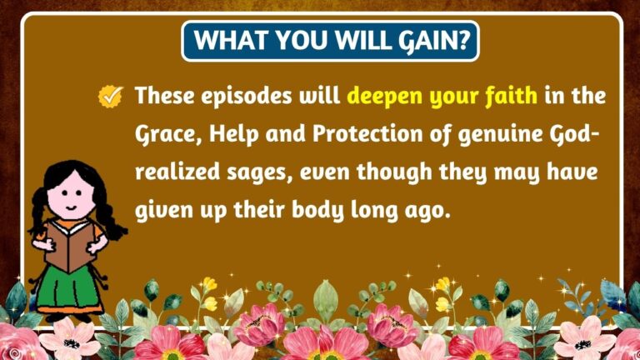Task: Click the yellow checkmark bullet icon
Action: point(110,97)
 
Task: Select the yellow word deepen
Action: point(385,97)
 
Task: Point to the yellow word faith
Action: point(510,97)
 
